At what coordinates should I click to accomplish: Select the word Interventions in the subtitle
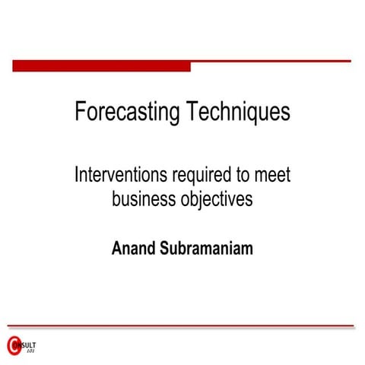(119, 176)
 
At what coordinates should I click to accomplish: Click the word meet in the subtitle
(272, 176)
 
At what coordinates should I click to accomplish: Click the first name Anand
(134, 248)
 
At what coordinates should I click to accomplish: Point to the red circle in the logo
(13, 347)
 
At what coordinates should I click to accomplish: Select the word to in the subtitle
(242, 176)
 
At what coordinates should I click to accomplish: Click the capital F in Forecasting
(80, 113)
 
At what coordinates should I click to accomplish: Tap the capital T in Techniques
(190, 113)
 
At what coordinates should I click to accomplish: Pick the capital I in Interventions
(76, 176)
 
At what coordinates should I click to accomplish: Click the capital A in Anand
(116, 248)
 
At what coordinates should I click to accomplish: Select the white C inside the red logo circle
(12, 347)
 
